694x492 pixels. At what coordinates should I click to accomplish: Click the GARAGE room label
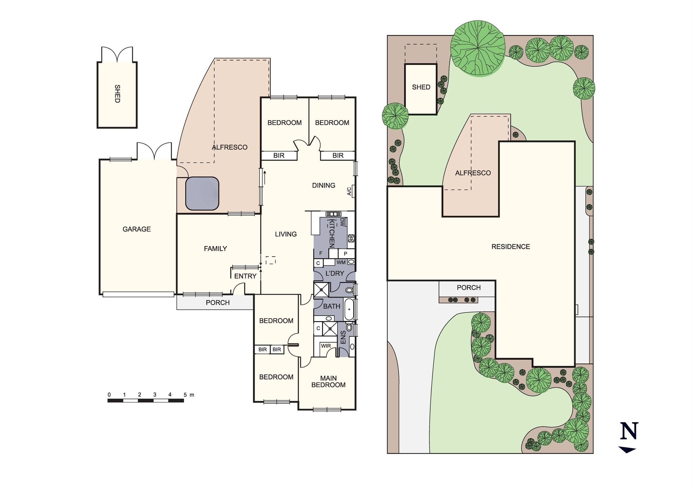point(137,229)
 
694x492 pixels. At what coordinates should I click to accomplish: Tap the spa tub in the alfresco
point(202,193)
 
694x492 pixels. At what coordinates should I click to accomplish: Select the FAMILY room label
point(215,249)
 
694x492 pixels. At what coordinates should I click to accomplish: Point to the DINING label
point(323,185)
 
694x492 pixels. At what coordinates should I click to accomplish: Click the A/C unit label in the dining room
point(349,191)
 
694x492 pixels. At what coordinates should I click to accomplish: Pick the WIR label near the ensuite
point(326,346)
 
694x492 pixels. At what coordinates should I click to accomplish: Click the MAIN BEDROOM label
point(329,382)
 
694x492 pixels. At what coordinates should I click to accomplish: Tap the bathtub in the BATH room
point(349,309)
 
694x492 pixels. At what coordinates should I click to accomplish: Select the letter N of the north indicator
point(629,430)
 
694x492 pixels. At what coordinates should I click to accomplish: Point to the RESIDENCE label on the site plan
point(510,247)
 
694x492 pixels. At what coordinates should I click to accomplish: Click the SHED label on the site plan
point(421,87)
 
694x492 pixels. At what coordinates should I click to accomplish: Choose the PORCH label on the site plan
point(469,287)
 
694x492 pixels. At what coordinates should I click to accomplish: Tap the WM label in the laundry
point(341,262)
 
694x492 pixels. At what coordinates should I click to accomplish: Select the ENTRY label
point(245,276)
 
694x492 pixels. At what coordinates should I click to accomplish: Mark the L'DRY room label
point(335,273)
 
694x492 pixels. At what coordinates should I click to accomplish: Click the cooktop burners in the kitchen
point(351,238)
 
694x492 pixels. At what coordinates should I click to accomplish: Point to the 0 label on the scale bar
point(109,395)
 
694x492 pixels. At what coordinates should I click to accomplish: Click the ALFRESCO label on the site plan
point(473,173)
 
